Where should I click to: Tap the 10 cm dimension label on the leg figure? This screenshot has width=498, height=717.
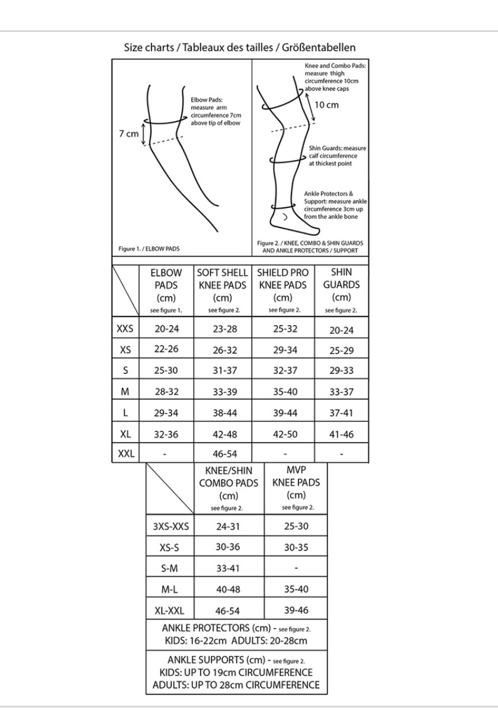(x=327, y=105)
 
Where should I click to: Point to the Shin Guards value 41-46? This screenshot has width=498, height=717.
(x=342, y=433)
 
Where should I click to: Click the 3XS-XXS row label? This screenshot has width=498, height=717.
(x=170, y=526)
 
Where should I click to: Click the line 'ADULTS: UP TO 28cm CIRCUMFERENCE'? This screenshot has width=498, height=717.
(x=236, y=686)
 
